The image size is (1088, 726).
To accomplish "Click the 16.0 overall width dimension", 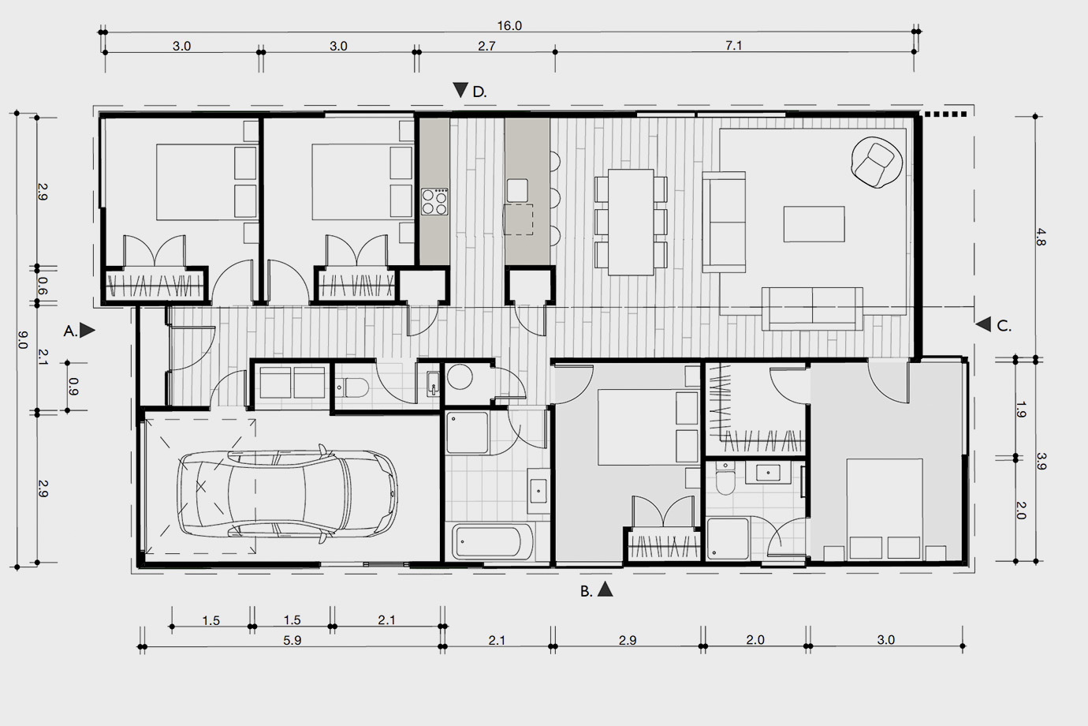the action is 509,26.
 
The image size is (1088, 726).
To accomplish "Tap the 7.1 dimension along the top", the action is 733,46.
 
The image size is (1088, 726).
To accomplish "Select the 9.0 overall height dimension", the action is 22,340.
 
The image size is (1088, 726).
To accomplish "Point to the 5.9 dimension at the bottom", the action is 292,641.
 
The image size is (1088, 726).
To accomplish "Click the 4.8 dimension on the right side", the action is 1041,238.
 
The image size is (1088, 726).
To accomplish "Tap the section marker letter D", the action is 479,92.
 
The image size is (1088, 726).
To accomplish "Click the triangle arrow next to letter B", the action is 605,589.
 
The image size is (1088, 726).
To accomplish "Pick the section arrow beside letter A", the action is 87,331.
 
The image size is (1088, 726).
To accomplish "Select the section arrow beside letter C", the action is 984,324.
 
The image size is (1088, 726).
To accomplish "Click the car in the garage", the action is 287,494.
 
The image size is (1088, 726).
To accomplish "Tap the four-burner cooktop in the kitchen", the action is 434,201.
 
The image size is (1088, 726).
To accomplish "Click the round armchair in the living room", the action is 877,163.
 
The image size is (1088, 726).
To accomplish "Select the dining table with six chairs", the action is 631,223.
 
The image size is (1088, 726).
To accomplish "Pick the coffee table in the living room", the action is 814,223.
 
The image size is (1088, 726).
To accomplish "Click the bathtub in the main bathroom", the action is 493,541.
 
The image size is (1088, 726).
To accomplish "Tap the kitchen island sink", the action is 517,191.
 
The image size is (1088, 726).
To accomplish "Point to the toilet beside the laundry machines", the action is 352,387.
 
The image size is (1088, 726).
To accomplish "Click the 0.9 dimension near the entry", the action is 73,387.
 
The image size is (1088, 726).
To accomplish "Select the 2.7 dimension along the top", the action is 486,47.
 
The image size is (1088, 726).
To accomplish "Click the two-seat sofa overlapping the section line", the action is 812,309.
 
